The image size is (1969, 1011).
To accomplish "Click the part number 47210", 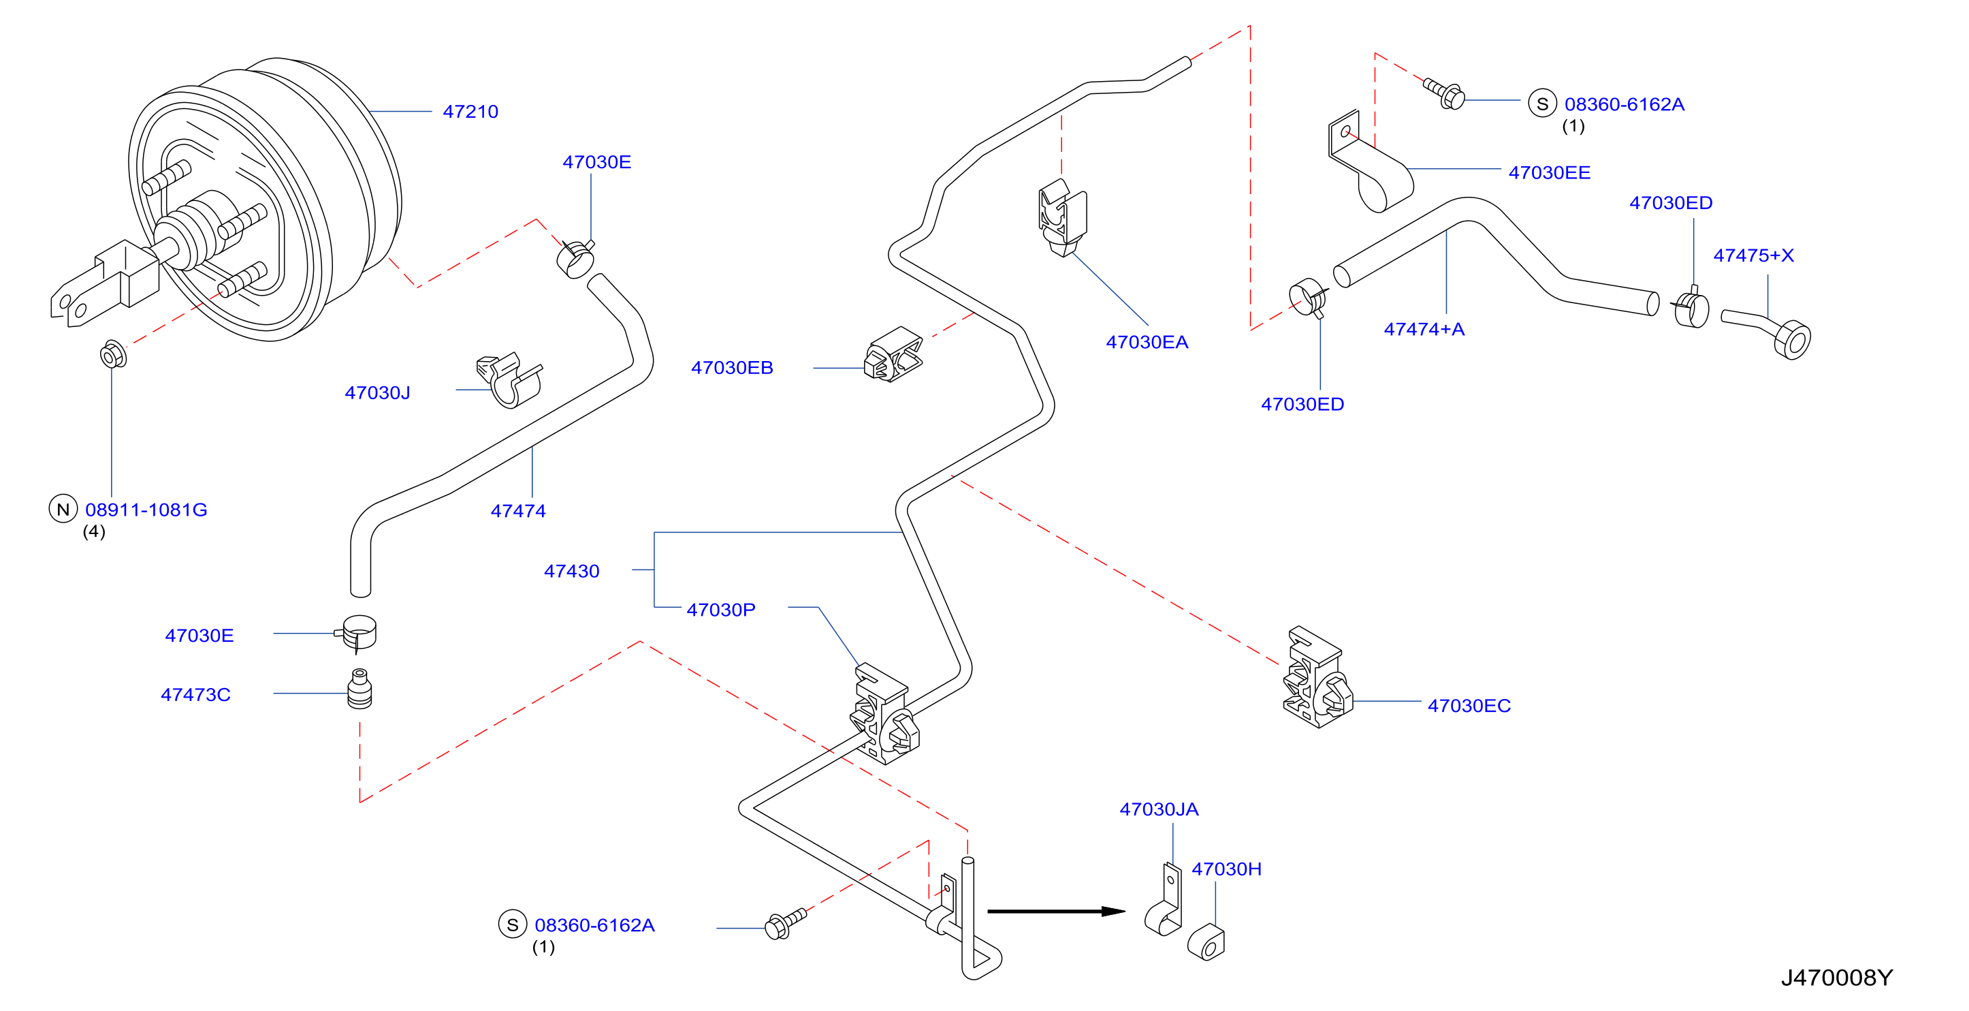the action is (x=470, y=112).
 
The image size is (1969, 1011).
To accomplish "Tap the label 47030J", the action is (x=378, y=393).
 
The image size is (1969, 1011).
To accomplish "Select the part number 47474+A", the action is (x=1424, y=330).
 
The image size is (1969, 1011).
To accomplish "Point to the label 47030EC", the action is (x=1469, y=706).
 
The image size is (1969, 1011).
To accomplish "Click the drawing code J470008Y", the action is (x=1837, y=978).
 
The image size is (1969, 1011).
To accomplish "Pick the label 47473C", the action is (x=195, y=695).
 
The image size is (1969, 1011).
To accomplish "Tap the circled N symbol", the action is (x=63, y=510).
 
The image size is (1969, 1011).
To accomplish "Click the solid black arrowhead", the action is (x=1114, y=912).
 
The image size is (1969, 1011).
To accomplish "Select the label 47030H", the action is (x=1226, y=869).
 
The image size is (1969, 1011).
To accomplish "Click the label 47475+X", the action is (x=1753, y=255).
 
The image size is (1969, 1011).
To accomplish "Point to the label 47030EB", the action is (x=733, y=368).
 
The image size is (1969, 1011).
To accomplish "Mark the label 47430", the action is (x=572, y=572).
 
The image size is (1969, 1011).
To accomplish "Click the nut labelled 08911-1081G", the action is (x=113, y=355).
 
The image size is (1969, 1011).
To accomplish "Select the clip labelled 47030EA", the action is (x=1063, y=218).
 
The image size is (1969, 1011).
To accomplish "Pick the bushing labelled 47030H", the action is (x=1206, y=942).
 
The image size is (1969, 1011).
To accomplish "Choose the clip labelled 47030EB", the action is (x=893, y=355).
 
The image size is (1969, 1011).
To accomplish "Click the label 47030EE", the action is (x=1550, y=173).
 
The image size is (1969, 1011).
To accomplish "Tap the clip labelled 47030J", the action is (x=509, y=379).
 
